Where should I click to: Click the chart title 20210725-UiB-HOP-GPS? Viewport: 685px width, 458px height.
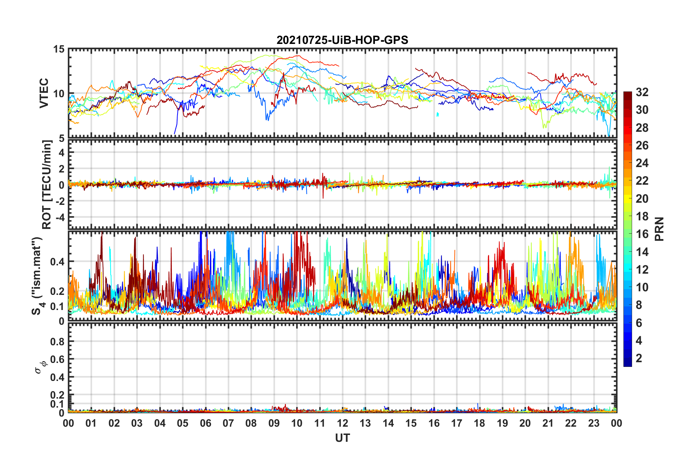coord(342,40)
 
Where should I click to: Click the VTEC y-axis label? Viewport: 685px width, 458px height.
coord(44,93)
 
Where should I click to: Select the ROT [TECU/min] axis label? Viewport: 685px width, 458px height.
coord(47,185)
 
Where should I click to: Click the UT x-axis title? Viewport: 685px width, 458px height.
coord(342,438)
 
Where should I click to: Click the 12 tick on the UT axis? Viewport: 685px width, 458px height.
coord(342,423)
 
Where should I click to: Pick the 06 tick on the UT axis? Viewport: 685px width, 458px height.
coord(205,423)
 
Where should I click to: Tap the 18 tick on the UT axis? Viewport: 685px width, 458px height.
coord(479,423)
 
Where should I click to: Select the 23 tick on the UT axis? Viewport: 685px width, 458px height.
coord(594,423)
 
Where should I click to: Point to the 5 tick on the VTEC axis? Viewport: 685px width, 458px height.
coord(61,138)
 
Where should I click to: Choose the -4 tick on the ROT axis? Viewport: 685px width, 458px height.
coord(59,217)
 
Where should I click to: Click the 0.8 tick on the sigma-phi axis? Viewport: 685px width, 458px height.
coord(57,341)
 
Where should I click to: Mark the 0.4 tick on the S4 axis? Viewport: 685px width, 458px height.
coord(57,262)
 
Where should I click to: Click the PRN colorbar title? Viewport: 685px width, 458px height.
coord(659,229)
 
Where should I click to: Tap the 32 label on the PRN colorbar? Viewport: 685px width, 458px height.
coord(642,92)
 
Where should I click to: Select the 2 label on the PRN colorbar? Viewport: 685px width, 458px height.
coord(639,358)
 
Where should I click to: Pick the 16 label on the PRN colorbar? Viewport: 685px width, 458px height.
coord(642,234)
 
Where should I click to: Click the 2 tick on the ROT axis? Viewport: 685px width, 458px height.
coord(62,169)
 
